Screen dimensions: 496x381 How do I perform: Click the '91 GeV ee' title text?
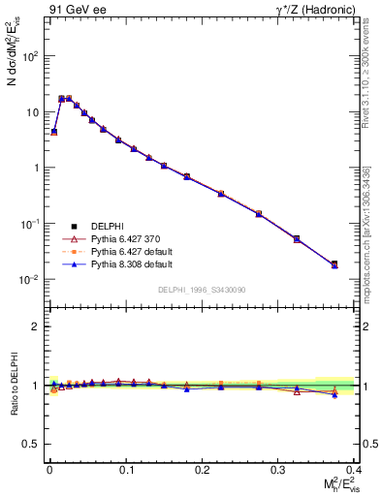77,11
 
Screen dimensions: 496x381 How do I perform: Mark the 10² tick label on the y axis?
29,56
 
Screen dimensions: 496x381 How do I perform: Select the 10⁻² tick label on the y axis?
29,280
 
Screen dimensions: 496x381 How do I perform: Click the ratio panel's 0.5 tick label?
31,444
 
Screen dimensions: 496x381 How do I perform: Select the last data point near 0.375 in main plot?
334,263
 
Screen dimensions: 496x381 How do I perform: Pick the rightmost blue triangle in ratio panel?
334,395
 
